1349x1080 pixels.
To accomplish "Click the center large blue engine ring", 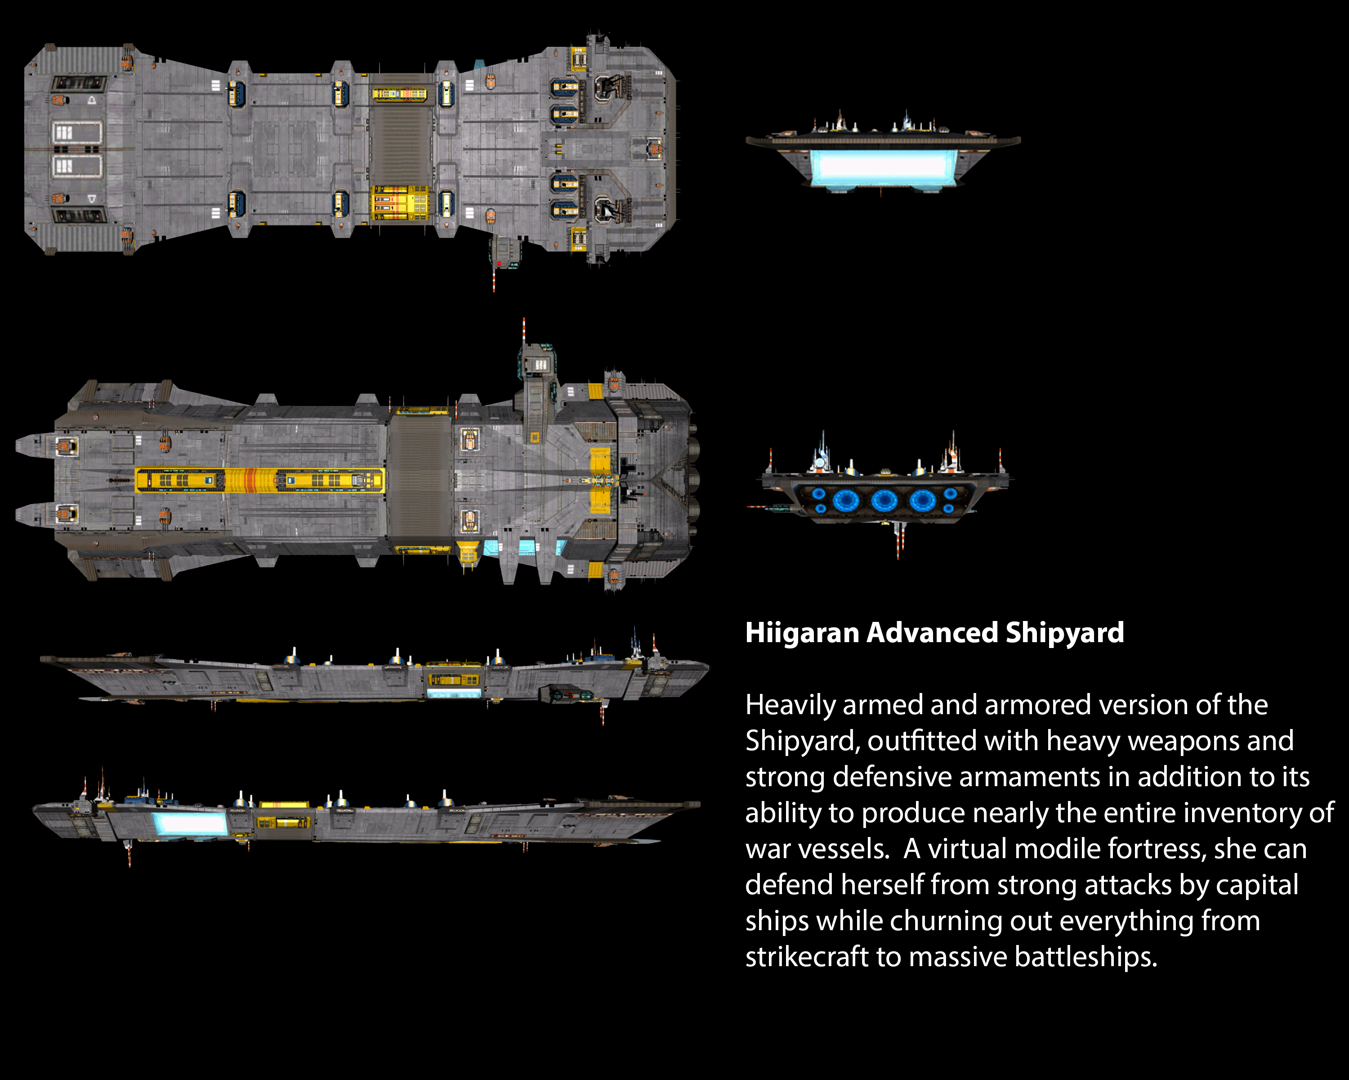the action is (x=884, y=500).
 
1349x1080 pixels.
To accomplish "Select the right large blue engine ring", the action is (x=922, y=500).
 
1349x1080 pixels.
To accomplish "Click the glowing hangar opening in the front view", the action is (x=883, y=166).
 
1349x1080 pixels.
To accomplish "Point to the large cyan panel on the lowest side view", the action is (x=190, y=823).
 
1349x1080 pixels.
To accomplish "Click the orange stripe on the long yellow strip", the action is (x=250, y=480).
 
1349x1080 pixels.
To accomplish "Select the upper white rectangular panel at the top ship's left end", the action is (x=76, y=133).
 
